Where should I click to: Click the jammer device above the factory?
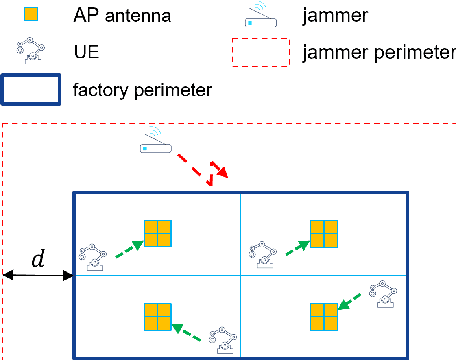(x=156, y=143)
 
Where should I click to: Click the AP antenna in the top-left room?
(x=158, y=233)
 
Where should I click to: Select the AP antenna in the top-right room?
(x=324, y=234)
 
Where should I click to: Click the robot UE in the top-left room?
(x=95, y=256)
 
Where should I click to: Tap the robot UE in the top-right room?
(x=264, y=254)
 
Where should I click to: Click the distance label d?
(x=38, y=260)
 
